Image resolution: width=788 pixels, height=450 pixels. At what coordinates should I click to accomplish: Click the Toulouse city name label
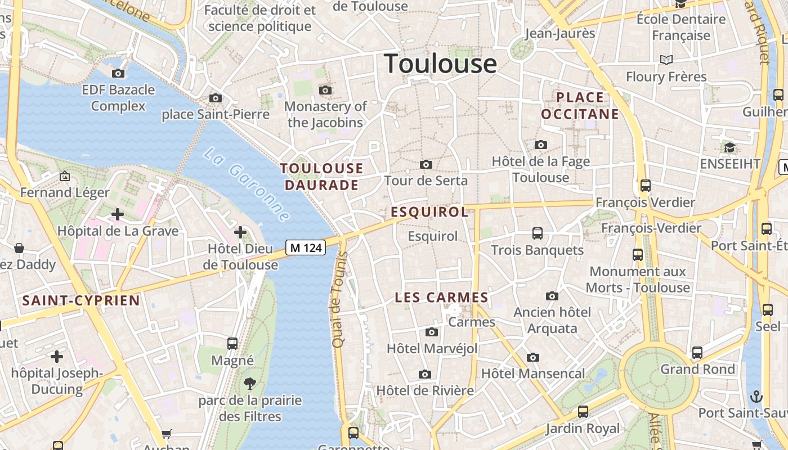(440, 64)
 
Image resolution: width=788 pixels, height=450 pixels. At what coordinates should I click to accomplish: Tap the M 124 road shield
(306, 247)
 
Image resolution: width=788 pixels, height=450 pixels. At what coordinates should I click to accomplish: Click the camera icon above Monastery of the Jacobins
(325, 90)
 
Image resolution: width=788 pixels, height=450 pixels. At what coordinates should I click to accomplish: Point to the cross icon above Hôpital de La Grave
(117, 214)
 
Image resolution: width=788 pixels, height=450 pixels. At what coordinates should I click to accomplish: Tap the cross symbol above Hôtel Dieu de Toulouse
(240, 232)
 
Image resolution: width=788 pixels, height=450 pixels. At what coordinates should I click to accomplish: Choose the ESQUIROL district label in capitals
(429, 212)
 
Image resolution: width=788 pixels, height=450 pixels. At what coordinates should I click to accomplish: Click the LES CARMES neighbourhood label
(441, 298)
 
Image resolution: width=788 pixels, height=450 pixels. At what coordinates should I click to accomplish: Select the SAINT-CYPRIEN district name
(81, 300)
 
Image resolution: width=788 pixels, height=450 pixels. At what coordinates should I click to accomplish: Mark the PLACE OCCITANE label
(580, 106)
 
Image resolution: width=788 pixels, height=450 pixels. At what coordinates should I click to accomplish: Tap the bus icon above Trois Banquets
(538, 233)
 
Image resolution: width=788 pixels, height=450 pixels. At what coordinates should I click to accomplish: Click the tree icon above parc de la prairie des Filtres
(250, 384)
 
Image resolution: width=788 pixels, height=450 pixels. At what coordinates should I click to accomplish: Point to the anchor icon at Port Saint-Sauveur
(756, 397)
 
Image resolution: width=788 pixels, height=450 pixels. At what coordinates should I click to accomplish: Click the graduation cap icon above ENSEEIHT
(729, 147)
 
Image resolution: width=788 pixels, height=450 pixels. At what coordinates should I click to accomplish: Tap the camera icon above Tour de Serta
(426, 164)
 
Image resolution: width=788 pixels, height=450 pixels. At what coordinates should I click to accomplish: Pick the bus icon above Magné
(232, 343)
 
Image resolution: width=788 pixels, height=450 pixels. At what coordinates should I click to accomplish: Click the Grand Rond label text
(697, 370)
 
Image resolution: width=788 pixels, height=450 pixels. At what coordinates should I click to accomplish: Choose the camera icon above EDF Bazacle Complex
(118, 73)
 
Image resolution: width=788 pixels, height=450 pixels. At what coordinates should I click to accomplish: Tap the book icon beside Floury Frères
(666, 60)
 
